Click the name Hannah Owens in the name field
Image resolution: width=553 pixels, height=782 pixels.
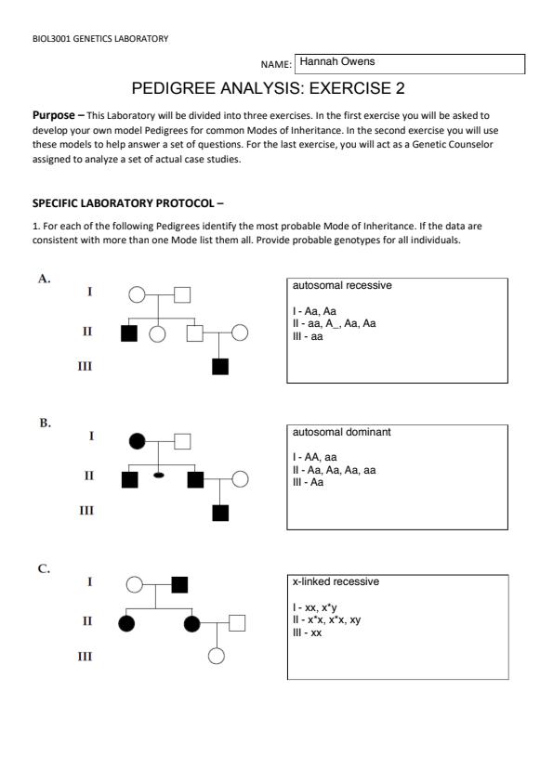point(336,61)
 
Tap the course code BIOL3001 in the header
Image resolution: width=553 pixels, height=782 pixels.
point(51,39)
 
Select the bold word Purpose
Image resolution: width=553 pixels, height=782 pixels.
point(53,115)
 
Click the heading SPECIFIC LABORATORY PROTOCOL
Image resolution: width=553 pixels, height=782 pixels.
point(124,203)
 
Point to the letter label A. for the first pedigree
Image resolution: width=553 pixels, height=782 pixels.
point(45,279)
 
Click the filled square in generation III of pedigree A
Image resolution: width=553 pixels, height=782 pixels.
point(220,367)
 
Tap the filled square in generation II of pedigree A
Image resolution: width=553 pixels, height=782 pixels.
point(129,333)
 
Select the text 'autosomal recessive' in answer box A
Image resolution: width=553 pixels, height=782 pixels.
point(342,286)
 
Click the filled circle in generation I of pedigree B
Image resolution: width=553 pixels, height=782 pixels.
point(138,441)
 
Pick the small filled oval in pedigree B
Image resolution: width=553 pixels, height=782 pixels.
point(159,476)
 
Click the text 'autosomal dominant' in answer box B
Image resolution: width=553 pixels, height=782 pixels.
point(341,432)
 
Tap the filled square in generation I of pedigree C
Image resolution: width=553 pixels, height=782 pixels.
point(179,584)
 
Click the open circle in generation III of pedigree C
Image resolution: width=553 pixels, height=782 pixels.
point(217,656)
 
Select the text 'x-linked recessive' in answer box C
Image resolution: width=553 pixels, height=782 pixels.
point(336,581)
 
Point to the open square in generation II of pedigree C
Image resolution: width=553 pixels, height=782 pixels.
point(237,623)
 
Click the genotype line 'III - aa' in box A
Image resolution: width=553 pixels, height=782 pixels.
point(308,336)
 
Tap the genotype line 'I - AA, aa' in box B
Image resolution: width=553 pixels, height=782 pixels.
point(314,457)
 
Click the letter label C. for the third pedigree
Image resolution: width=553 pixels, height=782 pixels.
point(44,568)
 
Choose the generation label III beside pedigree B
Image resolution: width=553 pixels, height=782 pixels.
point(86,511)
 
